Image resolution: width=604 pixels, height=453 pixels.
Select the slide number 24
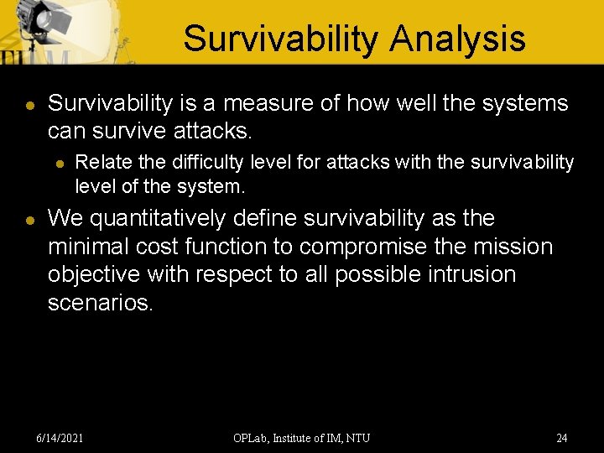tap(561, 438)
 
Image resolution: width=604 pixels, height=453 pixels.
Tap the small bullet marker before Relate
tap(60, 163)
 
